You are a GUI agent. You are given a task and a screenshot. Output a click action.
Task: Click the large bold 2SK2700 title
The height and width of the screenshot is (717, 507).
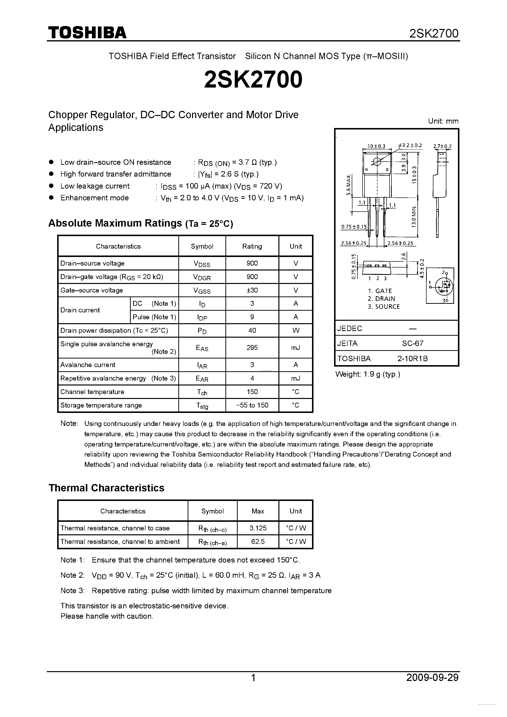point(253,79)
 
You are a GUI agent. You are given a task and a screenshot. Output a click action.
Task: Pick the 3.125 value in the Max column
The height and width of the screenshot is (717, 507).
point(258,528)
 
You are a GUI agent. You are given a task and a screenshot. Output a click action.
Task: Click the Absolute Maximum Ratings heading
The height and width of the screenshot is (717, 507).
point(141,223)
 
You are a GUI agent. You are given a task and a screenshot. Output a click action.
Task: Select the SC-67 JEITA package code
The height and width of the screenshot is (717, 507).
point(412,344)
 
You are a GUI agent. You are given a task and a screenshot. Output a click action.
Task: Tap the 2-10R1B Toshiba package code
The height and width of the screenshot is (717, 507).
point(412,358)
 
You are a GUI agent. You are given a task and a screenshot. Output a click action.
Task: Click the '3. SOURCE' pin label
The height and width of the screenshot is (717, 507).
point(384,307)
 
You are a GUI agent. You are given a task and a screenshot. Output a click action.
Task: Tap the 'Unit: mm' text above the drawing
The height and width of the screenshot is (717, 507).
point(443,121)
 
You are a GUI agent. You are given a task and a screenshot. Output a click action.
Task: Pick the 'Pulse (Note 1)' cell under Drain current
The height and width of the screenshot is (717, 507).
point(154,317)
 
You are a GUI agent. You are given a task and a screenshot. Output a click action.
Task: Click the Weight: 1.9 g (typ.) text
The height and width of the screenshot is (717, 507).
point(367,374)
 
